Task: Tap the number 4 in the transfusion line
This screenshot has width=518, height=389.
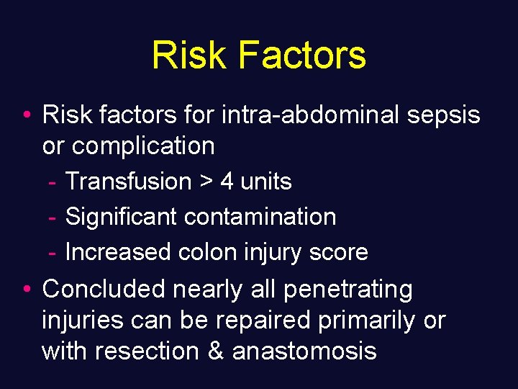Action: click(x=227, y=182)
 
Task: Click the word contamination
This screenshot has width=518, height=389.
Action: click(x=260, y=217)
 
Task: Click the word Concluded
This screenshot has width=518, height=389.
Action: click(x=104, y=289)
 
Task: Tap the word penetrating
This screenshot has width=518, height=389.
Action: click(x=348, y=290)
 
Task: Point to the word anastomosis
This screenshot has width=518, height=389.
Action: click(x=304, y=351)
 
